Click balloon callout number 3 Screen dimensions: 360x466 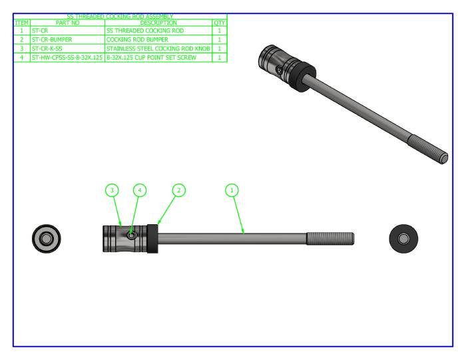tap(112, 190)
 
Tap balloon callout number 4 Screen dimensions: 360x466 tap(138, 190)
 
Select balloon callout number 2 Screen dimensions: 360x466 tap(178, 190)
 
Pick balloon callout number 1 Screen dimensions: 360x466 tap(232, 190)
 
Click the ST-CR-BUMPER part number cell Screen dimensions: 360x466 tap(67, 39)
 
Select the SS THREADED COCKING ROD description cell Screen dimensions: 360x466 tap(158, 31)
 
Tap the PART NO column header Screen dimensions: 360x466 tap(67, 23)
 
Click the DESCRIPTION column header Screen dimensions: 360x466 tap(158, 23)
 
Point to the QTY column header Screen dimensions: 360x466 tap(219, 23)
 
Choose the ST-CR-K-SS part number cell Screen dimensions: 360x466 tap(67, 49)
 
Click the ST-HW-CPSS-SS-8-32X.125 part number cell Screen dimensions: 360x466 tap(67, 58)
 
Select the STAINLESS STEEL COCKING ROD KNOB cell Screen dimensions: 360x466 tap(158, 49)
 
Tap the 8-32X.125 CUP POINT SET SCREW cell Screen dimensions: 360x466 tap(158, 58)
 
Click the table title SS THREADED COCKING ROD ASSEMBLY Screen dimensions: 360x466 tap(120, 16)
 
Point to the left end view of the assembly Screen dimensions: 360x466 tap(48, 238)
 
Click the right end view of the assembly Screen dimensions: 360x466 tap(403, 238)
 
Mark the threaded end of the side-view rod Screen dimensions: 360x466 tap(330, 238)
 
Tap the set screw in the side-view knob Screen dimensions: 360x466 tap(132, 235)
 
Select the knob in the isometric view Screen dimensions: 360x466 tap(278, 63)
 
